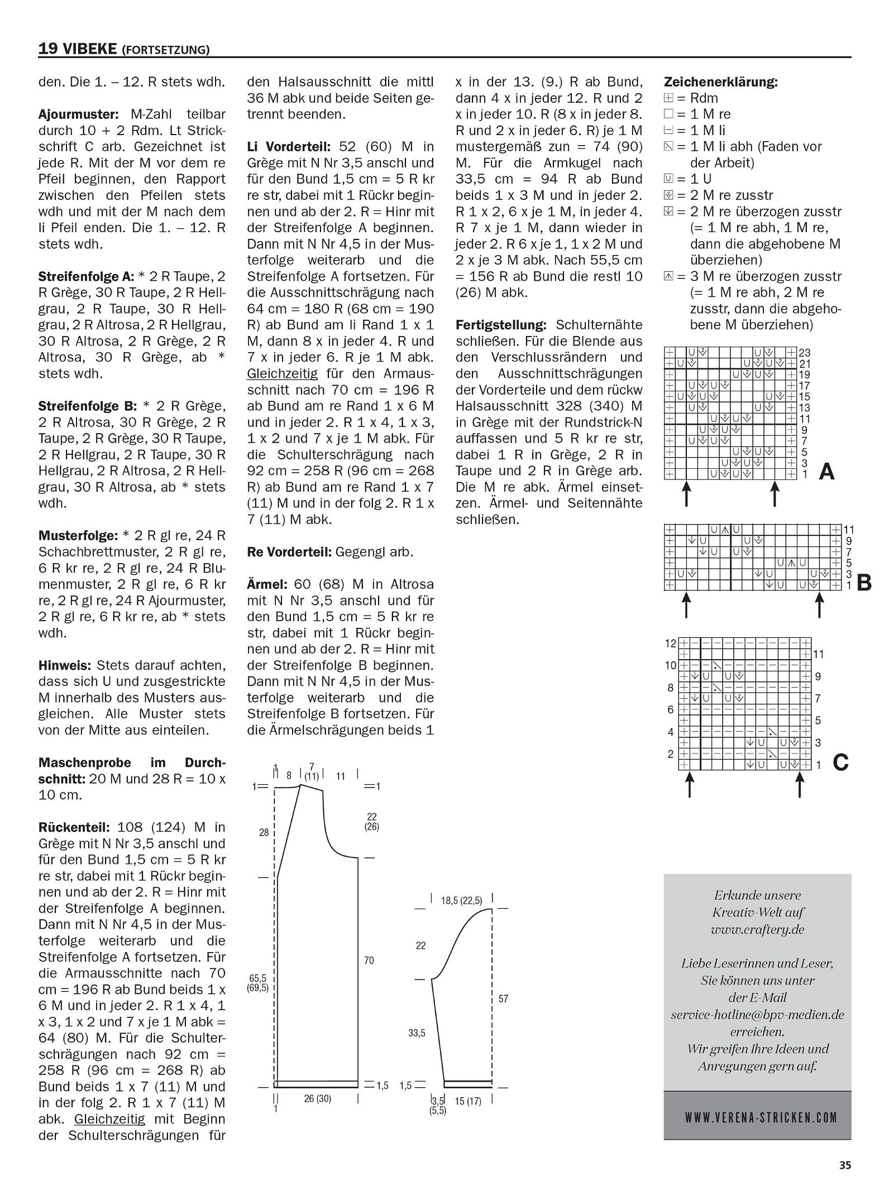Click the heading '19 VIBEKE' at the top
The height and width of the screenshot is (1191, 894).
[78, 49]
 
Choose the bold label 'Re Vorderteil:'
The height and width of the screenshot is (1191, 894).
[289, 552]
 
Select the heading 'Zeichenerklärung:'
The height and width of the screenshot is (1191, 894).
[721, 82]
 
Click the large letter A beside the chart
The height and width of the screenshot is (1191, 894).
[826, 472]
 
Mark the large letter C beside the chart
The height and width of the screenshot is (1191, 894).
[840, 762]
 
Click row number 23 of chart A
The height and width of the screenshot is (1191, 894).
[805, 353]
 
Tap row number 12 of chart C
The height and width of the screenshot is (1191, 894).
[670, 643]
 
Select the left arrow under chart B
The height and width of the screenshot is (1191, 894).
[686, 606]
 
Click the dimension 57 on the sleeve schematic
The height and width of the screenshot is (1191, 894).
[503, 999]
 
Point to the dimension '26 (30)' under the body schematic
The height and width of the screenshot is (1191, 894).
[317, 1099]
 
